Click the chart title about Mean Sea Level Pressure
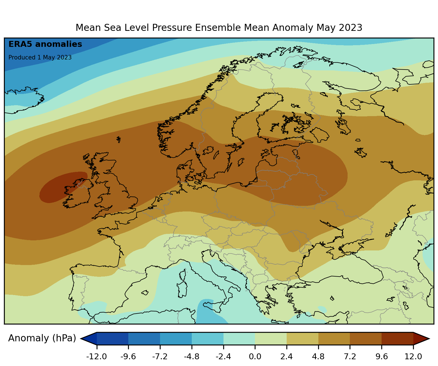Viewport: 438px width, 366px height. (x=219, y=28)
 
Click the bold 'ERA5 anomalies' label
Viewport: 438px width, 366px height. (x=45, y=44)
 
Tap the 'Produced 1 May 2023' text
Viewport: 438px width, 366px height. (x=40, y=57)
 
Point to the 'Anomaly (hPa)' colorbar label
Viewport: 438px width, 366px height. (x=42, y=338)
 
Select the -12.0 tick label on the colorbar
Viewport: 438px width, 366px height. (x=97, y=357)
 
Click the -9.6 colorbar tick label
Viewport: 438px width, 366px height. (x=128, y=357)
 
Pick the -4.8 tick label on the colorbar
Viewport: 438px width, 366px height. (x=192, y=357)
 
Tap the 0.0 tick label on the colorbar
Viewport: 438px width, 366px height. (x=255, y=357)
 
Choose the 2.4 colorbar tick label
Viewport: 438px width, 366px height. (x=287, y=357)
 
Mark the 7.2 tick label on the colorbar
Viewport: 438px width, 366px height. (x=350, y=357)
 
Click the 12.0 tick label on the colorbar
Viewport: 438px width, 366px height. (x=413, y=357)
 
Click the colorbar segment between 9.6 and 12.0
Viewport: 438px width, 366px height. (x=397, y=339)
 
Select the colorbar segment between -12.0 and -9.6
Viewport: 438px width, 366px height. (x=113, y=339)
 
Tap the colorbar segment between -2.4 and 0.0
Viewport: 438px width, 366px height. (x=239, y=339)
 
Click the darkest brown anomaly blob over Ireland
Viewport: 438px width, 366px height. (x=60, y=187)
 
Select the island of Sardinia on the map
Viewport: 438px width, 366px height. (x=182, y=289)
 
